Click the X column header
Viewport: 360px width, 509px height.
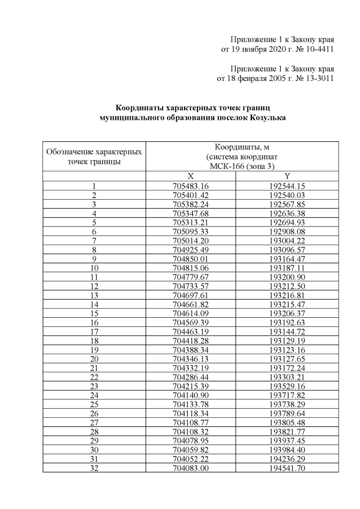[191, 176]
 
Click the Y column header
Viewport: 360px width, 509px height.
[287, 176]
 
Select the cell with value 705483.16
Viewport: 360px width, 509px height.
[191, 186]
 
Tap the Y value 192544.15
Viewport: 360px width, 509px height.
[287, 186]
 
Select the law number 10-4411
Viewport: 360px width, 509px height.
[317, 49]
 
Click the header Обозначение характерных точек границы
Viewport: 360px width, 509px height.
[94, 157]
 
